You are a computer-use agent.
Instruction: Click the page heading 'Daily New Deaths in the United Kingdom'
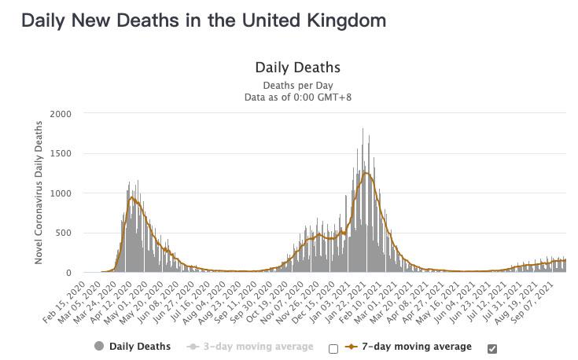coord(204,20)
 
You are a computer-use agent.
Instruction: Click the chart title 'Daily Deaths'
coord(297,68)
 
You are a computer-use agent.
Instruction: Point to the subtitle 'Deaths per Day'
coord(297,85)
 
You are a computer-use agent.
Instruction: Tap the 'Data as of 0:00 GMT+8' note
coord(297,97)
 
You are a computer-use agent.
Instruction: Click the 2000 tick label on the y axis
coord(61,114)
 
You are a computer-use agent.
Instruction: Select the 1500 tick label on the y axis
coord(61,154)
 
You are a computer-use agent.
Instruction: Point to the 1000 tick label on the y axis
coord(61,193)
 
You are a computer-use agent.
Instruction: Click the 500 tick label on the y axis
coord(63,233)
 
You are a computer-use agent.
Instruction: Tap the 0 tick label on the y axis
coord(68,273)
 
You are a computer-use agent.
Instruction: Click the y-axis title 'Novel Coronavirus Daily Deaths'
coord(39,193)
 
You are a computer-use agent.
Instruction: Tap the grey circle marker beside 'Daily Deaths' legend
coord(99,347)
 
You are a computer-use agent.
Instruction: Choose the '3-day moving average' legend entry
coord(258,347)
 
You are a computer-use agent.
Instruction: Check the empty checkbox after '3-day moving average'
coord(333,349)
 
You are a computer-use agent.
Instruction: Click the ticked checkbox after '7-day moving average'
coord(492,349)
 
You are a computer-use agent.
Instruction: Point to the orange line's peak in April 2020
coord(132,198)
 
